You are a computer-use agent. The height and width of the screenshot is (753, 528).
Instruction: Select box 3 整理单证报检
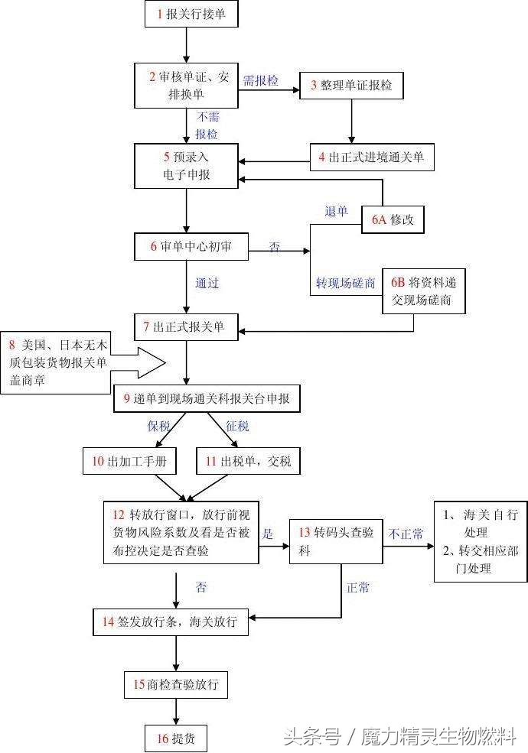tap(351, 86)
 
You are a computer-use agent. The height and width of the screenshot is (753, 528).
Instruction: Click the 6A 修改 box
tap(393, 219)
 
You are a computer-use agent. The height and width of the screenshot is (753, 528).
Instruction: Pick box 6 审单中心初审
tap(191, 246)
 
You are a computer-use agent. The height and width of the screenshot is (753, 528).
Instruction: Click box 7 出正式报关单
tap(187, 327)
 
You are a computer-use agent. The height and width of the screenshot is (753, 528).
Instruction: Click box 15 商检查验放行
tap(176, 684)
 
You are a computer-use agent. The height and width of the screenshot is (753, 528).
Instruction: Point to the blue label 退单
tap(337, 211)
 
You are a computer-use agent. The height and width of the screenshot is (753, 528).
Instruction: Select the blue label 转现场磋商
tap(346, 283)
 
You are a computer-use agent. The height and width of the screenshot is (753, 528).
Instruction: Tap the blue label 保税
tap(158, 426)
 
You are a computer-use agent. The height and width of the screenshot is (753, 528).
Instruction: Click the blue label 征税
tap(238, 426)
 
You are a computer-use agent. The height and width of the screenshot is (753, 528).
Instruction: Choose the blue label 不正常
tap(406, 534)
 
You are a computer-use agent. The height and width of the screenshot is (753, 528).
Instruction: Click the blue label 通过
tap(207, 283)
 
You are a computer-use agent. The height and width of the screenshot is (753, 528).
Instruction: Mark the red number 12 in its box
tap(118, 514)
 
